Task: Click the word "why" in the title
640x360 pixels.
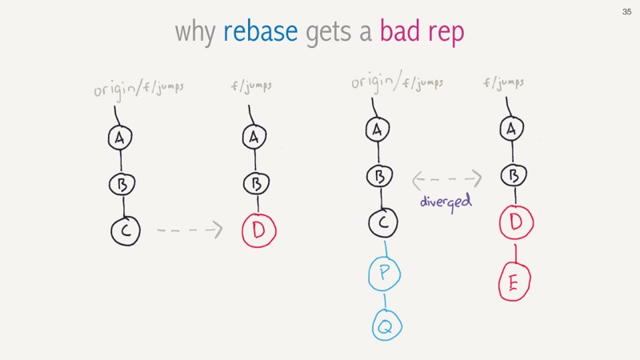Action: (x=195, y=32)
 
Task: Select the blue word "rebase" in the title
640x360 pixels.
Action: (x=261, y=31)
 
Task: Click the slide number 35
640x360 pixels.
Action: (x=626, y=12)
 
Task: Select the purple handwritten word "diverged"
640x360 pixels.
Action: (x=446, y=202)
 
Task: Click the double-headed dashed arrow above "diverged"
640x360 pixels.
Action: (x=447, y=179)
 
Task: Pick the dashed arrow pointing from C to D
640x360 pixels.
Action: (x=190, y=230)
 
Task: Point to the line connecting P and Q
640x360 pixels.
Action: (x=385, y=300)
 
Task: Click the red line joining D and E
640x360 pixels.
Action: (x=515, y=254)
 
